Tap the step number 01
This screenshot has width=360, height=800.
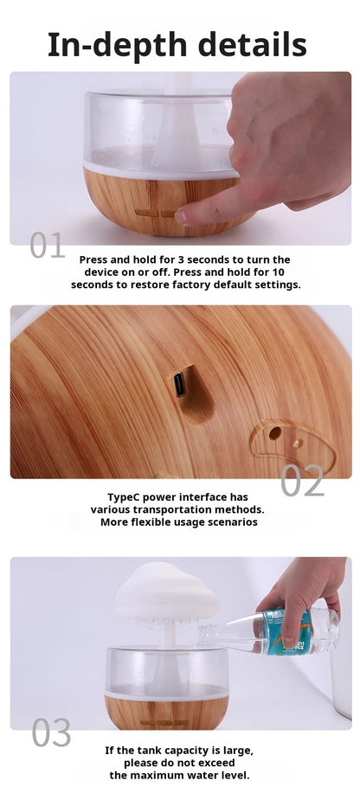[47, 245]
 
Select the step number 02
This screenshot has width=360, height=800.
[302, 481]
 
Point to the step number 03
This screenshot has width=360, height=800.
[51, 733]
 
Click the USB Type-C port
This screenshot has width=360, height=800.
[180, 385]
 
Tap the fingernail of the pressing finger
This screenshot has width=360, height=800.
[181, 216]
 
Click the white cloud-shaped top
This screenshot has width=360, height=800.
[167, 592]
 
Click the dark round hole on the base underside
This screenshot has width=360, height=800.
[275, 433]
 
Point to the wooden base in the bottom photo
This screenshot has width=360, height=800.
[167, 713]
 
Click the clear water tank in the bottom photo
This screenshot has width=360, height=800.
[167, 671]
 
